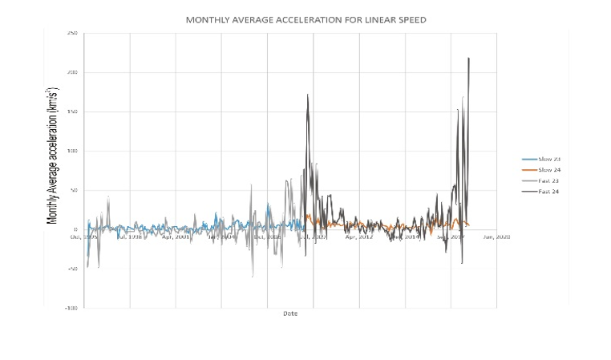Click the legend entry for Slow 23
[x=548, y=160]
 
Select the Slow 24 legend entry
[x=548, y=171]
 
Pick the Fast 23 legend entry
[x=548, y=181]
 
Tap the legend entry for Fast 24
[x=548, y=192]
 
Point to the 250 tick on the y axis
[x=73, y=34]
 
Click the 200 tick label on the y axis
[x=73, y=73]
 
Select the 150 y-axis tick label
[x=73, y=112]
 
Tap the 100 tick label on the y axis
[x=73, y=152]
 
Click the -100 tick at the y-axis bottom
[x=72, y=308]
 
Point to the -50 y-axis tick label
[x=73, y=269]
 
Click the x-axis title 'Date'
[x=289, y=313]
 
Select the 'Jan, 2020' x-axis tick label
[x=496, y=237]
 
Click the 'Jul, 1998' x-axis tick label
[x=129, y=237]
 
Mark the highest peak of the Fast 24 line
[x=468, y=58]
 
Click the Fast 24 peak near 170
[x=307, y=95]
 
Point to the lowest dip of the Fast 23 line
[x=252, y=277]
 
